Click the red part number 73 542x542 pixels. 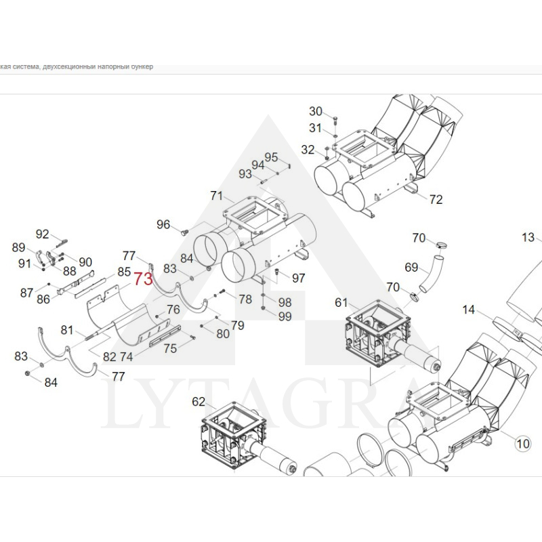coord(144,279)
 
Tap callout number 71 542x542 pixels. coord(216,196)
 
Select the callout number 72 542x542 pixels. coord(436,199)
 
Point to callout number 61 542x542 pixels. coord(340,302)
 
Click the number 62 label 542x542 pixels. coord(198,402)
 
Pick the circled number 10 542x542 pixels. coord(522,444)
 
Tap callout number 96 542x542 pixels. coord(163,224)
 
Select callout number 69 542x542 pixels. coord(412,268)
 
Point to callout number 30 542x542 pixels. coord(316,112)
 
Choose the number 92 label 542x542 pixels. coord(43,234)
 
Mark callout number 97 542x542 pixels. coord(299,278)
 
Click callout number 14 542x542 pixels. coord(469,310)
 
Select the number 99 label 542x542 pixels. coord(285,316)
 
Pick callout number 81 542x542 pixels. coord(66,330)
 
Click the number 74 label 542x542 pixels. coord(126,356)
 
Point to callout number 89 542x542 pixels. coord(19,248)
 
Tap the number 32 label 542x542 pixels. coord(308,150)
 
